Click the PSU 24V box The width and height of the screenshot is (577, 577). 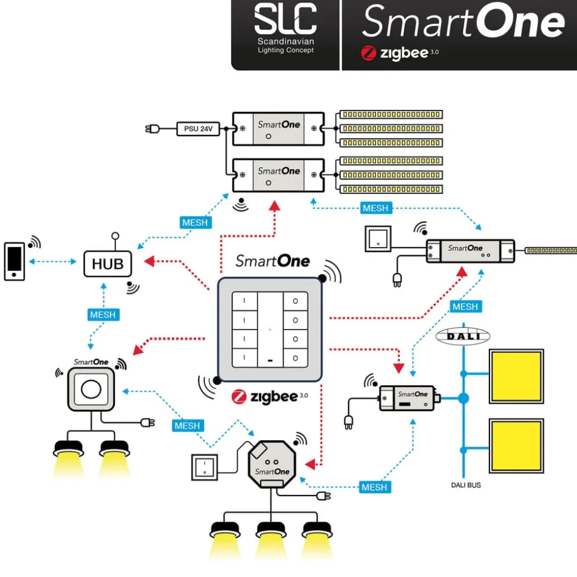coord(198,128)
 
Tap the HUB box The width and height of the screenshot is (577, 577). coord(108,263)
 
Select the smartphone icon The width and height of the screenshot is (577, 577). coord(14,260)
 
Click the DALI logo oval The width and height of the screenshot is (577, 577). coord(463,337)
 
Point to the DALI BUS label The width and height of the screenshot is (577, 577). coord(466,485)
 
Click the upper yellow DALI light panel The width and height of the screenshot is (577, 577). coord(516,376)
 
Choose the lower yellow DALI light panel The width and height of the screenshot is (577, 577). coord(516,446)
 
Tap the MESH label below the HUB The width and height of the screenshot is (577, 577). coord(103,314)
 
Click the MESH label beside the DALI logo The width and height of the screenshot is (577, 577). coord(465,307)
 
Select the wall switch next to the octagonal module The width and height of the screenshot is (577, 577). coord(204,466)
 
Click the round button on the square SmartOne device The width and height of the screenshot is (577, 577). coord(90,390)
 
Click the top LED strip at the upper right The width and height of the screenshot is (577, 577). coord(391,114)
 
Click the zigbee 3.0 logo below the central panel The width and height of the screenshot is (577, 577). coord(270,397)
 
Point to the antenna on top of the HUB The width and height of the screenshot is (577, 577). coord(115,236)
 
